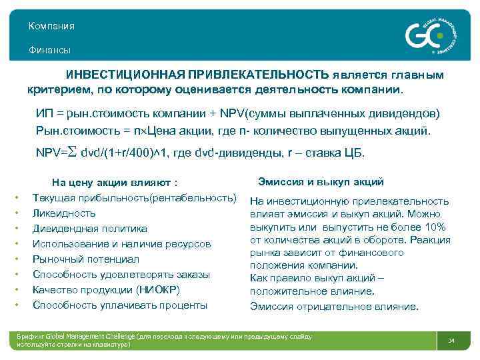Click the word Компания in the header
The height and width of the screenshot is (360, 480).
[x=51, y=26]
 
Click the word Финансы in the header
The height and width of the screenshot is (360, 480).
[x=49, y=51]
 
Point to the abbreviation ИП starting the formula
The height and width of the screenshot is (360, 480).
[x=44, y=113]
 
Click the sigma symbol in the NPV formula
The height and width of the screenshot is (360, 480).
[x=73, y=152]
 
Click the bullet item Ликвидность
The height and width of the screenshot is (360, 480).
[x=64, y=213]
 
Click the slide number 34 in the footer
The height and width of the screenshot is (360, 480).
[x=451, y=341]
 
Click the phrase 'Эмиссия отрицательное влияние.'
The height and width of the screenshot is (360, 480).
[x=334, y=307]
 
